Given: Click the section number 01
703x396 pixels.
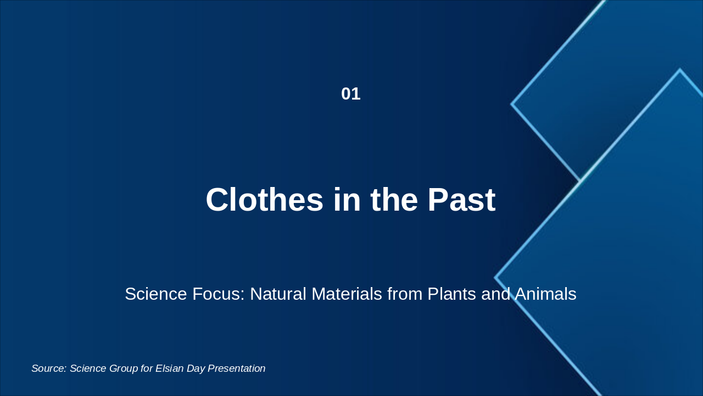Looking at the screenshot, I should click(350, 94).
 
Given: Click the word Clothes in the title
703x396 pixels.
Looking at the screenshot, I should click(264, 200).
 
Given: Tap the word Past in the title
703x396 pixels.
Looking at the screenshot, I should click(461, 200).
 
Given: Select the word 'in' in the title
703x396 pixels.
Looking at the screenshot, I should click(347, 200).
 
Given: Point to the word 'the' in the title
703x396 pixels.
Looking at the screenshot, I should click(394, 200).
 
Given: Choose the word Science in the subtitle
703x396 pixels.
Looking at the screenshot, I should click(156, 294).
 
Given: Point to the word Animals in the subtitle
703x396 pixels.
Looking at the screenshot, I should click(545, 294).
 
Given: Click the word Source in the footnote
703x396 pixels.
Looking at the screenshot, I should click(48, 369).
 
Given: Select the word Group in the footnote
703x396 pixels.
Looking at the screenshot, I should click(124, 369).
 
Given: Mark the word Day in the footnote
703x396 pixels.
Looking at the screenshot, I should click(196, 369).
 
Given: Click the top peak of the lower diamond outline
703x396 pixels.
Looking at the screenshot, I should click(680, 70).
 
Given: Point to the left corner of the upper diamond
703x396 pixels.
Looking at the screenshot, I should click(512, 104).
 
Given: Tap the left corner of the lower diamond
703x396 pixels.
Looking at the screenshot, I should click(495, 278).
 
